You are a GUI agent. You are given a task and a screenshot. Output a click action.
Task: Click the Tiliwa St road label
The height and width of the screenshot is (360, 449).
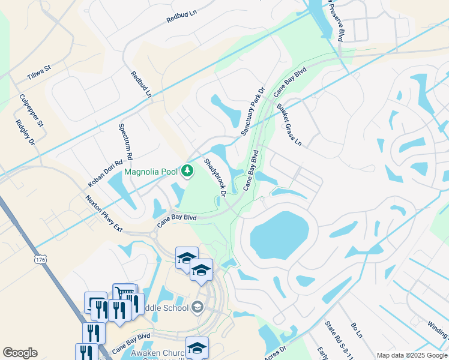(40, 73)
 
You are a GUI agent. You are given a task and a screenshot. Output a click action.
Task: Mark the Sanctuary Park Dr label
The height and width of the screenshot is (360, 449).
(252, 111)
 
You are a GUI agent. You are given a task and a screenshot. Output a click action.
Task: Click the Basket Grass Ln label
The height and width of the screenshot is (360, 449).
(289, 125)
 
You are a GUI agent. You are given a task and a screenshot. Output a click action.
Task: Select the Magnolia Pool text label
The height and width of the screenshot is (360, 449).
(151, 172)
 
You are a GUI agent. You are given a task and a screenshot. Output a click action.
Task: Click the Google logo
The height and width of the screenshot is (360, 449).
(20, 353)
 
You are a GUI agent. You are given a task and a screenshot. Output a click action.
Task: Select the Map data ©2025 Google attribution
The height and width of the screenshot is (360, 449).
(411, 355)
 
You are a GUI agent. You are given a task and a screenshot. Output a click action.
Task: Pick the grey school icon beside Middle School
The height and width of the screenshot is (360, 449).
(197, 308)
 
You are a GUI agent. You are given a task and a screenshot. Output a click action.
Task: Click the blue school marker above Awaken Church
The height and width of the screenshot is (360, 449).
(197, 347)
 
